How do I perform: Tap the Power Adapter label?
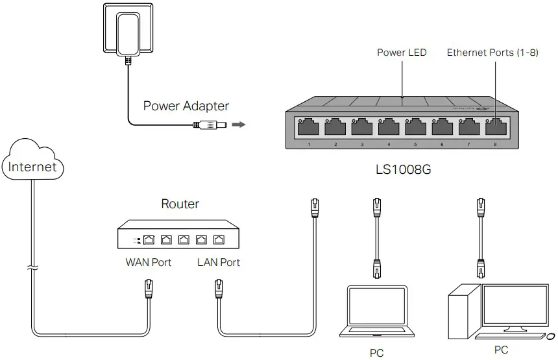[186, 106]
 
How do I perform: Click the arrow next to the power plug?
[239, 124]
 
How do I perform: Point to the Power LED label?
[402, 52]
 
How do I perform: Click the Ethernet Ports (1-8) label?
[492, 52]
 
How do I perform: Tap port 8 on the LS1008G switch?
[495, 126]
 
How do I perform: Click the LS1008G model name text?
[402, 171]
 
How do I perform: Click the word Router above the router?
[180, 204]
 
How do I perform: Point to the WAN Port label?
[149, 262]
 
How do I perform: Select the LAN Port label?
[219, 262]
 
